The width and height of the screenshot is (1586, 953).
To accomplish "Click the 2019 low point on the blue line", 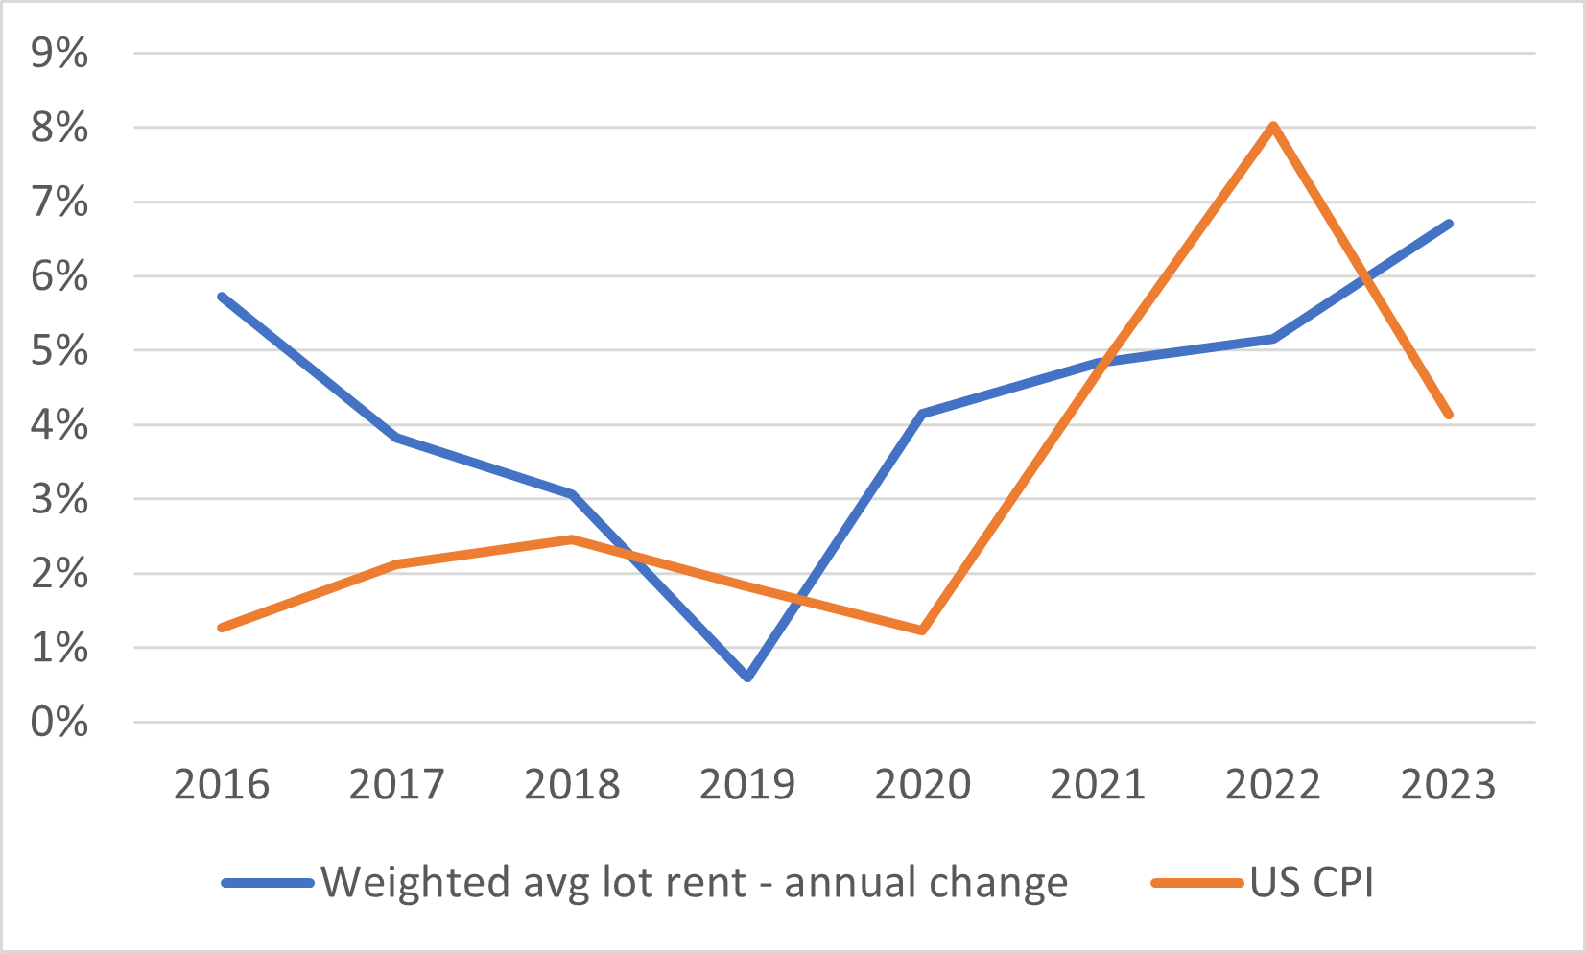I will coord(747,677).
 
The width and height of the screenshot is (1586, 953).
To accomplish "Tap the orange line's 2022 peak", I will coord(1273,127).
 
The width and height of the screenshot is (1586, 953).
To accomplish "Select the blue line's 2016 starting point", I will coord(223,297).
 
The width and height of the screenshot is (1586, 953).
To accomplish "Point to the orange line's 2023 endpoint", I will coord(1448,415).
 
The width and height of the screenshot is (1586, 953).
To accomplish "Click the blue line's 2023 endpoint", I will coord(1448,225).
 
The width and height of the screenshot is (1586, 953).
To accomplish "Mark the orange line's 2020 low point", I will coord(922,631).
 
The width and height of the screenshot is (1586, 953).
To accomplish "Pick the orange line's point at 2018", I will coord(572,539).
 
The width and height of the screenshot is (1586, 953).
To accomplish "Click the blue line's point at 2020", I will coord(922,414).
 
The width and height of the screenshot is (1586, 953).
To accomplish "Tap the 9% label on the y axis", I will coord(59,53).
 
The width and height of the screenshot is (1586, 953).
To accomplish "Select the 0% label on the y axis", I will coord(59,722).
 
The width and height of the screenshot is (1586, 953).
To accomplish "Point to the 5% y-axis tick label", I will coord(59,350).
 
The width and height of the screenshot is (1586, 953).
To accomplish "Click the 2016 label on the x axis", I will coord(222,785).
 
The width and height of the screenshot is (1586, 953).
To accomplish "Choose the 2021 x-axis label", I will coord(1098,785).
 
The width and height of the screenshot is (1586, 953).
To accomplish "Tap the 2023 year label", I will coord(1448,785).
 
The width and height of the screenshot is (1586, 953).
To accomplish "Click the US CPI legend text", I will coord(1312,882).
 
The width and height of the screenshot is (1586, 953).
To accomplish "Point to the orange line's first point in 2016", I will coord(223,628).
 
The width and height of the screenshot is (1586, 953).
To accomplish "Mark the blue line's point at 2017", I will coord(397,438).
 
